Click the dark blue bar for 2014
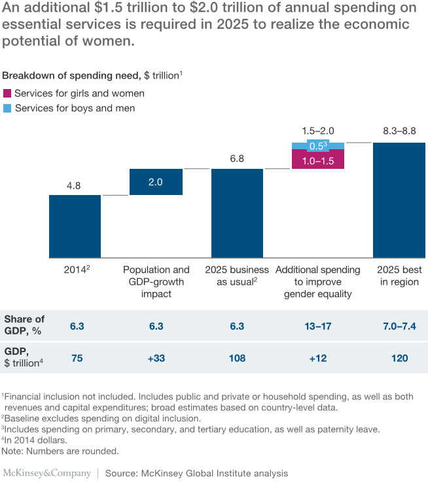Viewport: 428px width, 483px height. tap(75, 226)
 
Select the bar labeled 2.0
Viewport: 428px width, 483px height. tap(156, 182)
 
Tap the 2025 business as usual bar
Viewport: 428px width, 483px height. tap(237, 213)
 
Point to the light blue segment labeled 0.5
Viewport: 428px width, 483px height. tap(317, 147)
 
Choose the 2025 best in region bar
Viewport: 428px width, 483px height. tap(399, 200)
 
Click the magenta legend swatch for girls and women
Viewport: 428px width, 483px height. tap(7, 94)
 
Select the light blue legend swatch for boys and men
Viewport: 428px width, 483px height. tap(7, 108)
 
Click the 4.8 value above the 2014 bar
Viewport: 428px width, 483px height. tap(74, 185)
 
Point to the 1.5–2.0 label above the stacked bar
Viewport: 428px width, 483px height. tap(317, 132)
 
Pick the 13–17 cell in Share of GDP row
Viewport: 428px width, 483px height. tap(317, 324)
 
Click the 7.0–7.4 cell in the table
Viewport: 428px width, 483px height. tap(399, 324)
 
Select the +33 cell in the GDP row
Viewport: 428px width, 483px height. tap(156, 358)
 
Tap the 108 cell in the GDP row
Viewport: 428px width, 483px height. tap(236, 358)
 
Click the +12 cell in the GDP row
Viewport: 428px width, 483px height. tap(317, 358)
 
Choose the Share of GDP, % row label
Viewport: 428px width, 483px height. tap(24, 324)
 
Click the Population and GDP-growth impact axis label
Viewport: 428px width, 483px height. tap(156, 282)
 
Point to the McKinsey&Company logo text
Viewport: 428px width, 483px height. tap(46, 473)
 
